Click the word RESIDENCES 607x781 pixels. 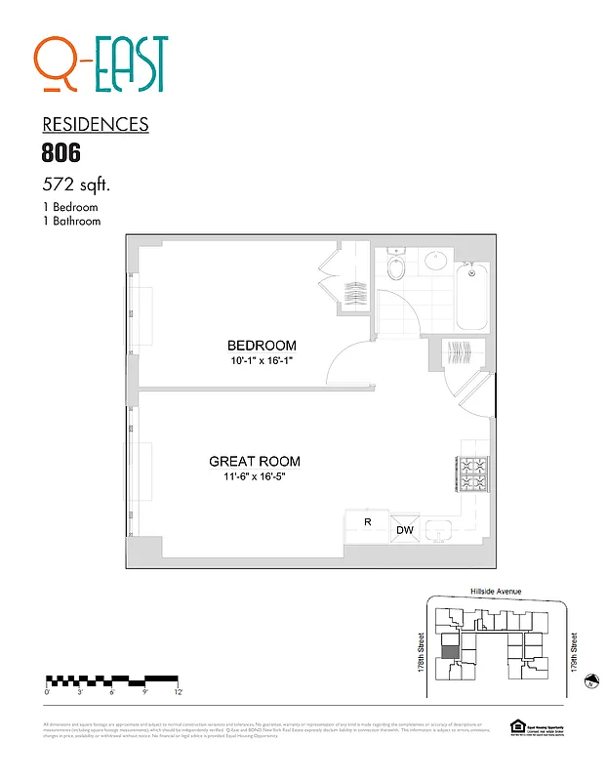click(96, 124)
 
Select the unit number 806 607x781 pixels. click(61, 152)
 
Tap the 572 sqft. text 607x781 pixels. click(76, 184)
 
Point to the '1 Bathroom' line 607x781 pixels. click(71, 222)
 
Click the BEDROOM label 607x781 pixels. click(262, 346)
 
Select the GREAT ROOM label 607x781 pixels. click(255, 462)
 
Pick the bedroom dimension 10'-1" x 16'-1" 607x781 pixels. click(262, 361)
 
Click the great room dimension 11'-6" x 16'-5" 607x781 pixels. click(255, 478)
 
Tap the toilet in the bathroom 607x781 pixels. click(397, 267)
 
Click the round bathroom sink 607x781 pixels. click(436, 261)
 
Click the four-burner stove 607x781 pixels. click(474, 473)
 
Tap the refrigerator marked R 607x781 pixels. click(368, 523)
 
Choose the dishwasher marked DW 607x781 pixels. click(404, 530)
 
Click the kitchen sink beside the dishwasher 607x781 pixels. click(439, 530)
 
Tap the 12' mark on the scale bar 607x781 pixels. click(177, 691)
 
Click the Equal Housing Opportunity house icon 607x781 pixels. click(517, 725)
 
